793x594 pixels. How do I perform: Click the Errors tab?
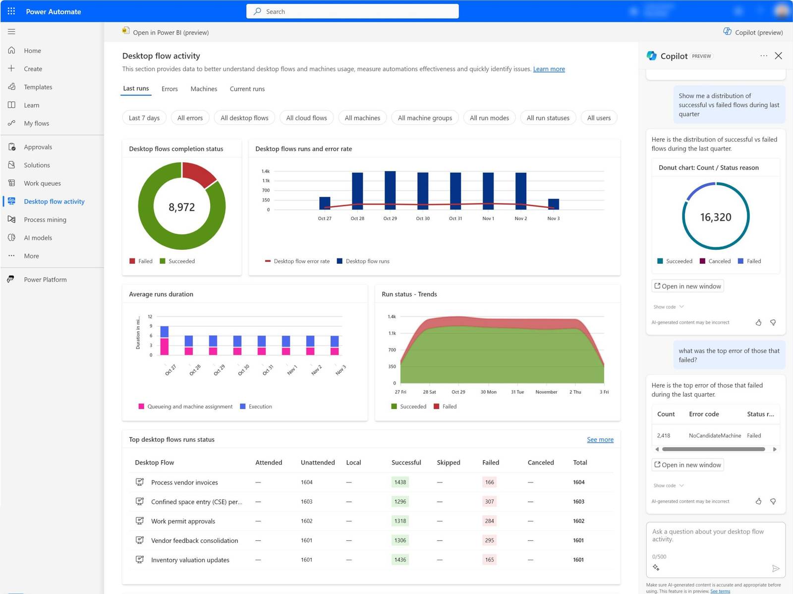pyautogui.click(x=170, y=89)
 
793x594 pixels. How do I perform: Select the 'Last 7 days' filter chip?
pyautogui.click(x=144, y=118)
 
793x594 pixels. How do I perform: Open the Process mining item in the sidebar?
pyautogui.click(x=45, y=220)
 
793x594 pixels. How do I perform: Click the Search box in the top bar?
pyautogui.click(x=352, y=11)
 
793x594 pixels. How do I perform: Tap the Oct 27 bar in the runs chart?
pyautogui.click(x=325, y=203)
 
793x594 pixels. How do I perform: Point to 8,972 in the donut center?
pyautogui.click(x=182, y=207)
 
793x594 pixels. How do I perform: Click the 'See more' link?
pyautogui.click(x=600, y=440)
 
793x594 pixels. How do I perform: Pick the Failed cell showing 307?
pyautogui.click(x=489, y=502)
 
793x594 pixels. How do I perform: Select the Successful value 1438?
pyautogui.click(x=400, y=482)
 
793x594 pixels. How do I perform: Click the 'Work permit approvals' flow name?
pyautogui.click(x=183, y=521)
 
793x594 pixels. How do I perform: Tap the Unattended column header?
pyautogui.click(x=318, y=463)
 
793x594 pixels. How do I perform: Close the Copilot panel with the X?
pyautogui.click(x=778, y=56)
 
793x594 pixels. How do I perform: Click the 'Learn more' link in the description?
pyautogui.click(x=549, y=69)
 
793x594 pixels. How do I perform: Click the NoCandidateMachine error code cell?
pyautogui.click(x=715, y=436)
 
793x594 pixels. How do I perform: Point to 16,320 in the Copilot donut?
pyautogui.click(x=715, y=217)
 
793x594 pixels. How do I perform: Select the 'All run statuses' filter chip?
pyautogui.click(x=548, y=118)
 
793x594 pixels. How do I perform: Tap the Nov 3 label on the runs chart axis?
pyautogui.click(x=553, y=219)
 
